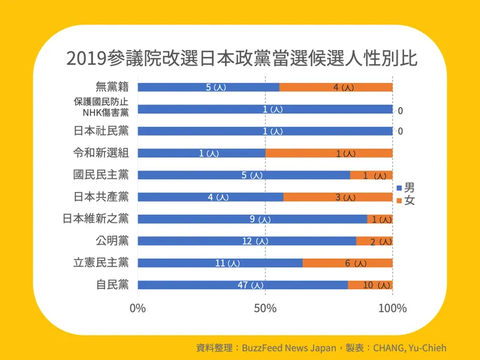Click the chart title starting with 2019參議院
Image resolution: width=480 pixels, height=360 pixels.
pyautogui.click(x=241, y=58)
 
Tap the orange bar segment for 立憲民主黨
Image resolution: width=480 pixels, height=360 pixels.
pyautogui.click(x=347, y=263)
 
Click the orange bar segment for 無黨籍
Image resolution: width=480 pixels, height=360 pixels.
pyautogui.click(x=335, y=87)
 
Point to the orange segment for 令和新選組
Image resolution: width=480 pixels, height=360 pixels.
pyautogui.click(x=328, y=153)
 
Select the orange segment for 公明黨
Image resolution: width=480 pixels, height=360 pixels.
pyautogui.click(x=374, y=241)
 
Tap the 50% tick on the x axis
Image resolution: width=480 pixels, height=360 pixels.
pyautogui.click(x=265, y=308)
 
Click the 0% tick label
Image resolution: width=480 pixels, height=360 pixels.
pyautogui.click(x=138, y=308)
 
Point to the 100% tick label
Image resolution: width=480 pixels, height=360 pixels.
pyautogui.click(x=392, y=308)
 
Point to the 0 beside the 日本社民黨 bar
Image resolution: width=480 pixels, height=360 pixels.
pyautogui.click(x=400, y=132)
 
